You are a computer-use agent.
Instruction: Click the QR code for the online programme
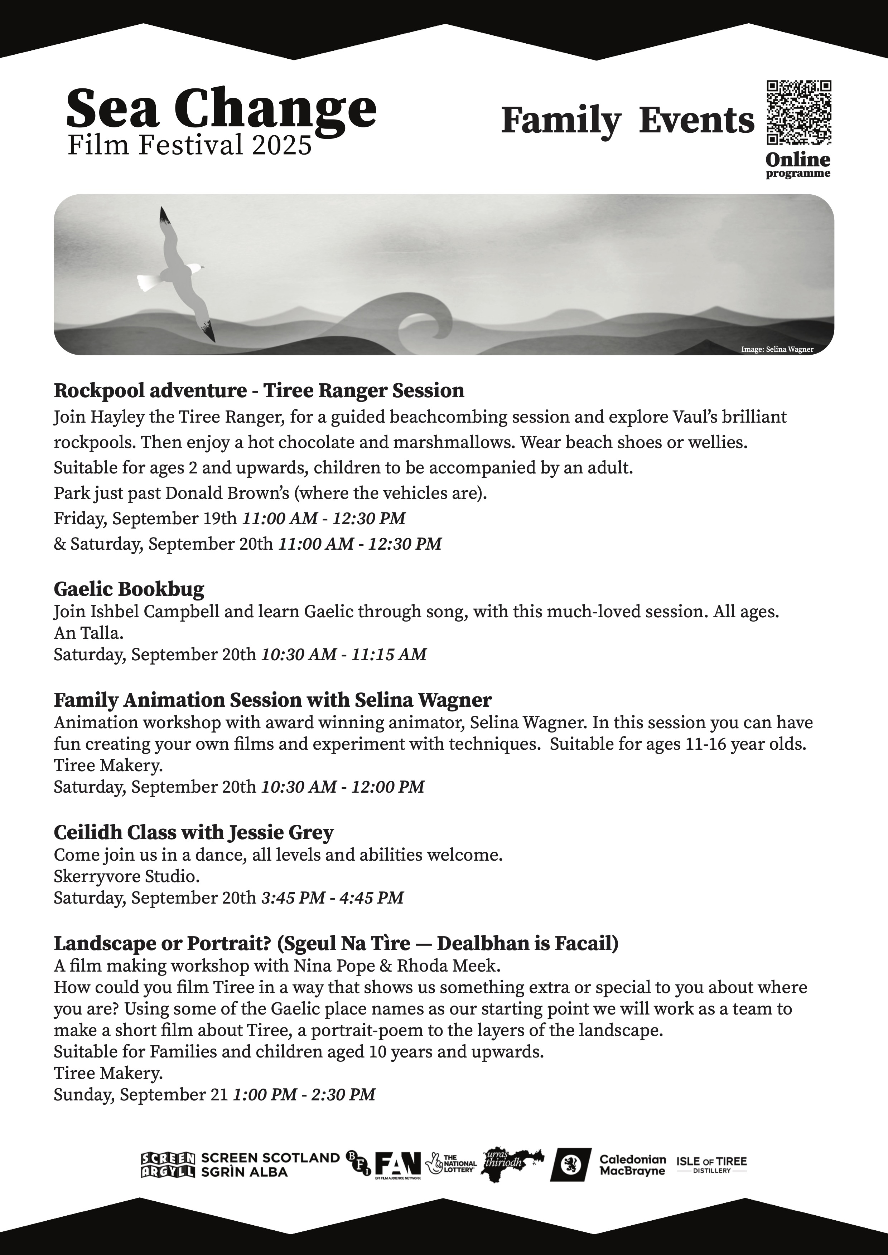pos(798,113)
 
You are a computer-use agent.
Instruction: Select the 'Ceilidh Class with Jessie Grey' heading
pos(194,832)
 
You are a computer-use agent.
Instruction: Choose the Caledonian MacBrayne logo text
pos(633,1165)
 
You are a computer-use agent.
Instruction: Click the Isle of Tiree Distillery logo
pos(711,1164)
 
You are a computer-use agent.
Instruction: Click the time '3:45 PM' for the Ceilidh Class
pos(293,898)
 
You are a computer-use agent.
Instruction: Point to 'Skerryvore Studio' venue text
pos(126,876)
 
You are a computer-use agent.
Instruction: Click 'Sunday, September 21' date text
pos(140,1095)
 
